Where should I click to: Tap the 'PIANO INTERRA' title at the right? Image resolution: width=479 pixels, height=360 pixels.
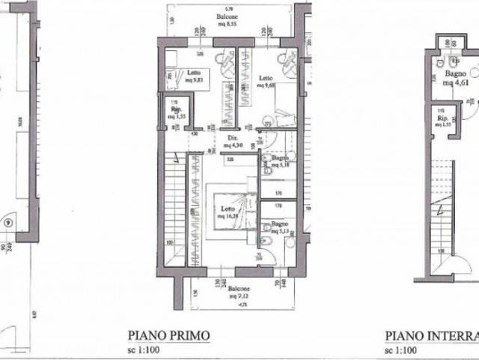coord(431,336)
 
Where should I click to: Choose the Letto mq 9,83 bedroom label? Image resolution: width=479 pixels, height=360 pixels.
coord(178,78)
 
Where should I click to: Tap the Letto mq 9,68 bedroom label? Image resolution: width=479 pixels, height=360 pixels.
coord(265,82)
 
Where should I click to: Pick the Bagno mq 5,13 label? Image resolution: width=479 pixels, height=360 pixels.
coord(280,227)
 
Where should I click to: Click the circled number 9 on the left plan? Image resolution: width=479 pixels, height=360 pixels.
coord(7,222)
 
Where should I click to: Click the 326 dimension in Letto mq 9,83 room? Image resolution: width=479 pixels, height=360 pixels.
coord(199,54)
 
